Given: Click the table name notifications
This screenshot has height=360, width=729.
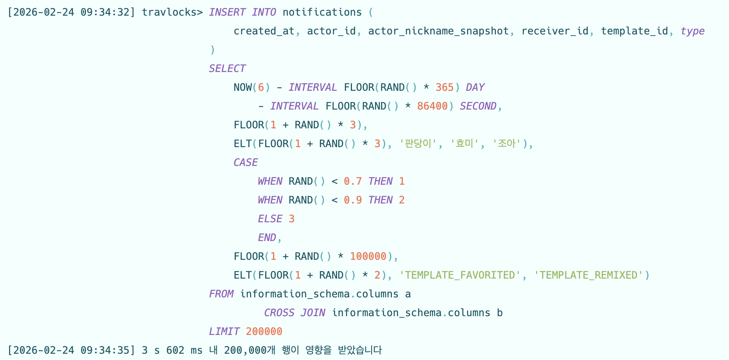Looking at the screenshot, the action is (x=322, y=12).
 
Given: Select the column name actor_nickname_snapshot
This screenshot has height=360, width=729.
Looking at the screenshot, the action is (x=438, y=31).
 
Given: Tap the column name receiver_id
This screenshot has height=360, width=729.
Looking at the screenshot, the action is (x=555, y=31).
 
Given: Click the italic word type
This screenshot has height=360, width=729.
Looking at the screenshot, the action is (x=692, y=31).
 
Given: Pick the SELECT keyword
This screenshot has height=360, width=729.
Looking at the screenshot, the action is (x=227, y=68).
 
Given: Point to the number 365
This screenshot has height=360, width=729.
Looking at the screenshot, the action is (x=445, y=87).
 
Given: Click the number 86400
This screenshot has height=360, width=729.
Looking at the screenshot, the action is (x=432, y=106).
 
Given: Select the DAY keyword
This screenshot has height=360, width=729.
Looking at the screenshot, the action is (x=475, y=87).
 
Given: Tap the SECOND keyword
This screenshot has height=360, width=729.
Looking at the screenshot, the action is (x=478, y=106).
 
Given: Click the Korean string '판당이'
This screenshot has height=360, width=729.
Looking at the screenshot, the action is (x=418, y=144).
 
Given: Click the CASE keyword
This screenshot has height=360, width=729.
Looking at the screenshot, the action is (x=246, y=162).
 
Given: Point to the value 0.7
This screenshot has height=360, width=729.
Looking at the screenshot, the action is (x=353, y=181).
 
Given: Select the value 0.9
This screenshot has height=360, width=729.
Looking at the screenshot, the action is (x=353, y=200).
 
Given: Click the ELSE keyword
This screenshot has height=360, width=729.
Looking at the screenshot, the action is (x=270, y=219).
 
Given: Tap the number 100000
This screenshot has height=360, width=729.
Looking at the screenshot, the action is (x=368, y=256).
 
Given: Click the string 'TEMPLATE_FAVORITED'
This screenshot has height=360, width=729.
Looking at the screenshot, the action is (x=460, y=275).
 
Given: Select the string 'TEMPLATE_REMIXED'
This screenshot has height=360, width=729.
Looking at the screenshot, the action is (x=588, y=275).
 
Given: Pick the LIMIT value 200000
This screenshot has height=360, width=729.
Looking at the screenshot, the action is (x=264, y=331).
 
